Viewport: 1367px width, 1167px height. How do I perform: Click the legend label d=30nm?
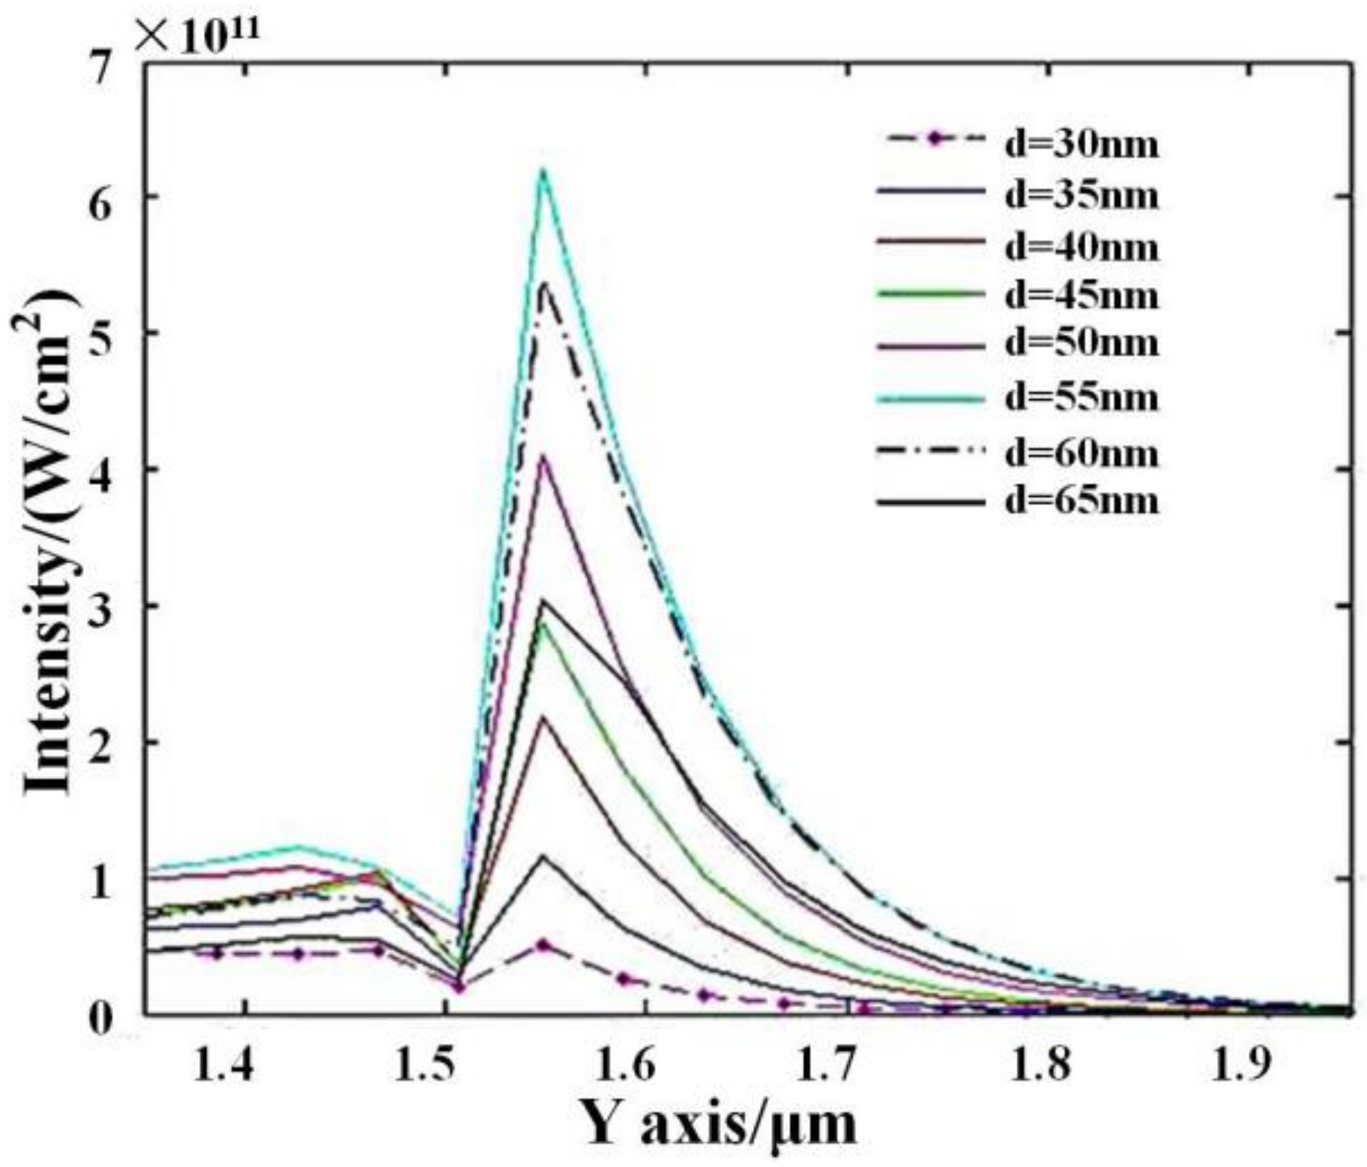pos(1081,143)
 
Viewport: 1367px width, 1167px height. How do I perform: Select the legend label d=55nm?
pos(1081,397)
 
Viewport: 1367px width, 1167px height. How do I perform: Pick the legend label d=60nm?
pos(1081,453)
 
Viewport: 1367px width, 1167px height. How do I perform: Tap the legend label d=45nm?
pos(1081,295)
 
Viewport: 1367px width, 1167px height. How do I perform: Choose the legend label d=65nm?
pos(1081,500)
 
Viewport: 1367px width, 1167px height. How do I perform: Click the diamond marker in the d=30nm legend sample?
pos(934,139)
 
